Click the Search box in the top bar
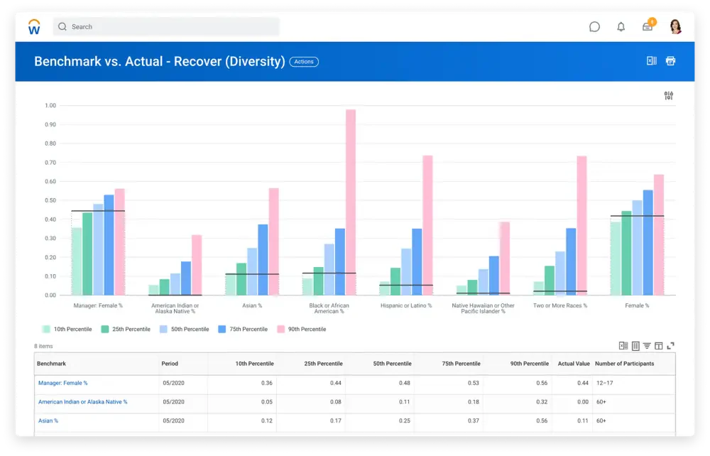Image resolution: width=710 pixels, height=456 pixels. pos(166,27)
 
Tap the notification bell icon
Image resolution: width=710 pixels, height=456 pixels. pos(621,27)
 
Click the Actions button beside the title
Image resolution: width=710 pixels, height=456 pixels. pos(304,62)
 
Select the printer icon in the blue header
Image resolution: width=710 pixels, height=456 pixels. pos(671,60)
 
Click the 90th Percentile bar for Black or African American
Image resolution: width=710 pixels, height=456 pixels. pos(351,202)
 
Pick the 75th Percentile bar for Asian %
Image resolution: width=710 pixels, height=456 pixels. pos(263,260)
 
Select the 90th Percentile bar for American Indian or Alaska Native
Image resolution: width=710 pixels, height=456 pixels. pos(197,265)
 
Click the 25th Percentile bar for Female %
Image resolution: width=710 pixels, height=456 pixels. pos(626,253)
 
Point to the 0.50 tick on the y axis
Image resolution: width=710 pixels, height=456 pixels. pos(50,200)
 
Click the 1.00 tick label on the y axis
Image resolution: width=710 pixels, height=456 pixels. pos(50,106)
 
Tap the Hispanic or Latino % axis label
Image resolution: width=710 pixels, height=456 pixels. pos(406,305)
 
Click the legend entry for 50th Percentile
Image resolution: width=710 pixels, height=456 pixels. pos(185,329)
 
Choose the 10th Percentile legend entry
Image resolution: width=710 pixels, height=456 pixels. pos(67,329)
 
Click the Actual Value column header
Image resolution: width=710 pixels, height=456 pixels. pos(574,364)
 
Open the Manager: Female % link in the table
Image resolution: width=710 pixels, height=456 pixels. pos(63,383)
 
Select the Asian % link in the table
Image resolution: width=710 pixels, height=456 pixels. pos(48,420)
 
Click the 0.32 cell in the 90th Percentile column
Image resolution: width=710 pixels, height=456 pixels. pos(542,402)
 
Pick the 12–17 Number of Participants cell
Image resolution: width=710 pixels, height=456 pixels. pos(604,383)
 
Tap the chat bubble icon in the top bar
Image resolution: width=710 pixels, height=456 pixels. pos(594,27)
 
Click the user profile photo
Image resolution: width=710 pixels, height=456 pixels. pos(676,27)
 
